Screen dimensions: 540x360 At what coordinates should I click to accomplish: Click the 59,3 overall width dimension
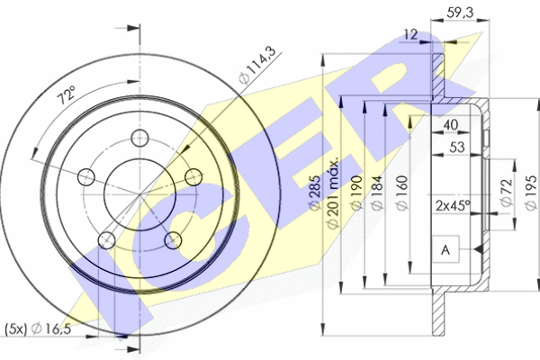(460, 13)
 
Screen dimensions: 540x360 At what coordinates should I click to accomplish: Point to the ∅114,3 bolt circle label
(257, 68)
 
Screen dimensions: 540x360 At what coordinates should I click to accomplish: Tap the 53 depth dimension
(457, 148)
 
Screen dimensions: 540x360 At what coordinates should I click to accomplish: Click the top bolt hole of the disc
(139, 139)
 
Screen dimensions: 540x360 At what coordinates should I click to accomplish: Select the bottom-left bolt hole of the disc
(105, 239)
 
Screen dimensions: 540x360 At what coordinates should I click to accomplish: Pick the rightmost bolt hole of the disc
(193, 176)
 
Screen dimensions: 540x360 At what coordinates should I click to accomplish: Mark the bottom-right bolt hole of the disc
(172, 239)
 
